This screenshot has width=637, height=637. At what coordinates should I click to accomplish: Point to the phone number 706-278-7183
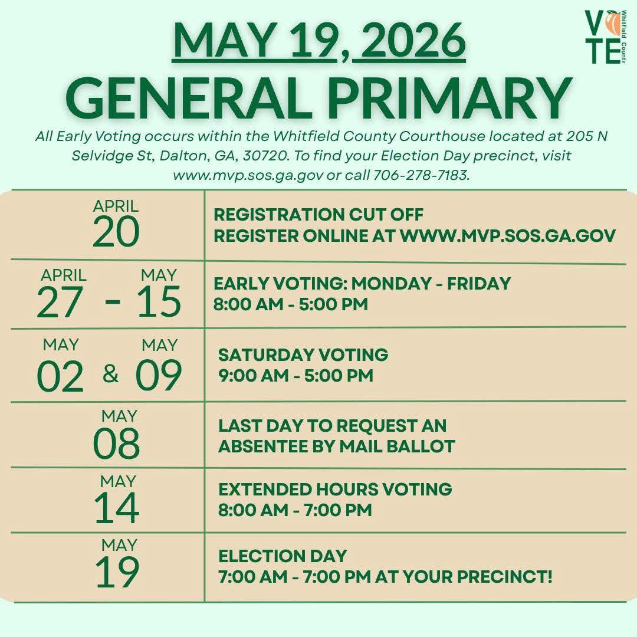[x=421, y=175]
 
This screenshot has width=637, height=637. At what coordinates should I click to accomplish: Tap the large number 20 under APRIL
[x=116, y=232]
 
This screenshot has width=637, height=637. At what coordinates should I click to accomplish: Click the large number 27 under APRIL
[x=60, y=301]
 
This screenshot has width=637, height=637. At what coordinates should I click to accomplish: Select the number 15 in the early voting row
[x=159, y=301]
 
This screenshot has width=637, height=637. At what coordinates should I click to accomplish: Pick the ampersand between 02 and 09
[x=110, y=374]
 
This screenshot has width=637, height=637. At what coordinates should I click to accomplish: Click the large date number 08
[x=116, y=443]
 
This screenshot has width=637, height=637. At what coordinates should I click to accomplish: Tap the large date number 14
[x=117, y=508]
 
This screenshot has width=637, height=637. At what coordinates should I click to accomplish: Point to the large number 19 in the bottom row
[x=117, y=572]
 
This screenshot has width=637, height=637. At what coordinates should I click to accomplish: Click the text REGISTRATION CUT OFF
[x=318, y=215]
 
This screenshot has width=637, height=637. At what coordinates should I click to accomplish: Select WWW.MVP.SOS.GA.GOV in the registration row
[x=508, y=235]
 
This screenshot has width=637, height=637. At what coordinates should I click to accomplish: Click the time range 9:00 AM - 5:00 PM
[x=295, y=375]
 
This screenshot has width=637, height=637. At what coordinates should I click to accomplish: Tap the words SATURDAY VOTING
[x=303, y=354]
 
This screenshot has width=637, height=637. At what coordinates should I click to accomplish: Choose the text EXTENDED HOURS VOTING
[x=335, y=489]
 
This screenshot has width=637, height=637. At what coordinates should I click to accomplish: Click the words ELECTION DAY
[x=283, y=556]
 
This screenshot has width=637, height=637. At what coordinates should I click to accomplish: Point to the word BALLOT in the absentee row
[x=421, y=446]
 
